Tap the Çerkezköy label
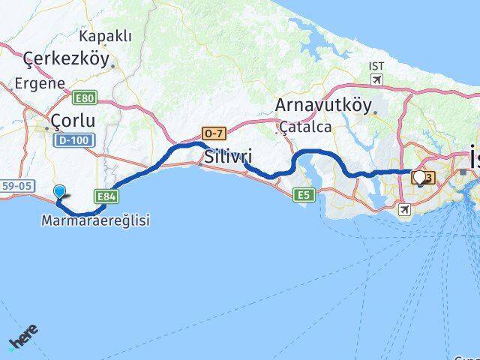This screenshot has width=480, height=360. [66, 58]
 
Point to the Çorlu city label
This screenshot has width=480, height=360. [73, 120]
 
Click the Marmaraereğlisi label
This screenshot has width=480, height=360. [96, 220]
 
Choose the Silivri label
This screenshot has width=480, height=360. [227, 157]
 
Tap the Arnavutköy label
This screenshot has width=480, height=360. [322, 104]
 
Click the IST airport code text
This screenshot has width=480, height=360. [376, 66]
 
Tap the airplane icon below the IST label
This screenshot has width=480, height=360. [377, 79]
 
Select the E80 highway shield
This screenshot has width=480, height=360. [85, 97]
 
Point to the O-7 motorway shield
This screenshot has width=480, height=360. [214, 133]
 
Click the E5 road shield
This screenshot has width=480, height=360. [303, 194]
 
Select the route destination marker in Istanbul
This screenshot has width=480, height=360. [418, 177]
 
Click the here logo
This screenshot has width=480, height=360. [22, 336]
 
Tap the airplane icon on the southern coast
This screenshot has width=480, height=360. [406, 209]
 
